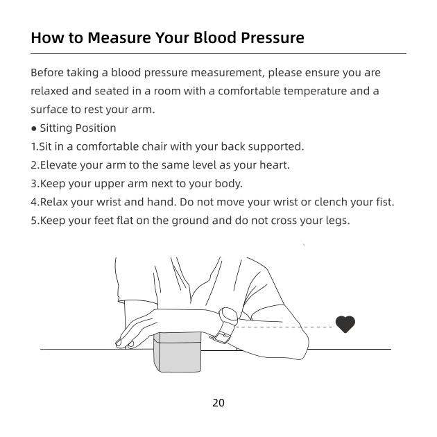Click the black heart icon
pos(345,324)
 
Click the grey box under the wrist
pos(178,352)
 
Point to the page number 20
pos(218,403)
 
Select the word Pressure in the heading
pos(273,37)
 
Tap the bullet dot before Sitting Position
pos(34,129)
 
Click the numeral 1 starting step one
pos(33,146)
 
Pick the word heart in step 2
pos(274,165)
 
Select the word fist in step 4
pos(385,202)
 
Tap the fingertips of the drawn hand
pos(123,343)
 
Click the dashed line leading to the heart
pos(284,327)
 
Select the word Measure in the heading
pos(119,37)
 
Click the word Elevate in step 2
pos(58,165)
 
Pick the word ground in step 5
pos(190,221)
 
